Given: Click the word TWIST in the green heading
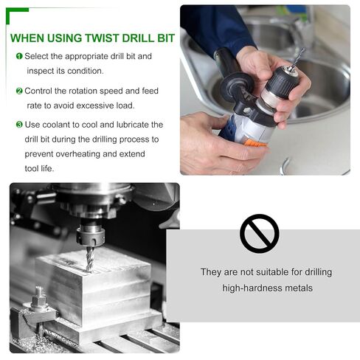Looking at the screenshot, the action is point(102,38).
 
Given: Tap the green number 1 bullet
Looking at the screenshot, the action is point(19,56).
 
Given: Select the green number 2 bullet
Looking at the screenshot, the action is point(19,91).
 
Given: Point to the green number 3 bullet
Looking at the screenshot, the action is point(19,125).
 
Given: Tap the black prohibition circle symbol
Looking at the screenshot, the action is point(260,234).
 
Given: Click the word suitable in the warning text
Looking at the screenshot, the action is point(272,272).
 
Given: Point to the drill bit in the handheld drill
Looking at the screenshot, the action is point(297,58).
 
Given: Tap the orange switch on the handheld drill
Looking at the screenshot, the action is point(256,143).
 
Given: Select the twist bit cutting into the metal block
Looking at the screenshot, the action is point(90,259).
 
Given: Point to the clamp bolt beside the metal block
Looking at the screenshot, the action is point(39,299).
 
